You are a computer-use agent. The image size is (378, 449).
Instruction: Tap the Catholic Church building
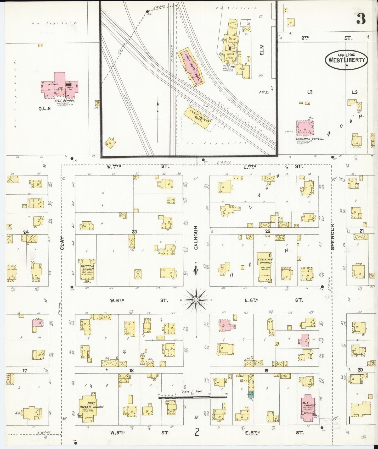[x=87, y=270]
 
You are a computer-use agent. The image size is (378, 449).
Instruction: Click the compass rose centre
[x=196, y=300]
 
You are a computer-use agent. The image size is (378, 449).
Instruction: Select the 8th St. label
[x=305, y=38]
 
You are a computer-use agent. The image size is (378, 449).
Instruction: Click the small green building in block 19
[x=251, y=395]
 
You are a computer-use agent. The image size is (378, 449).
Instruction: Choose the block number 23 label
[x=134, y=232]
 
